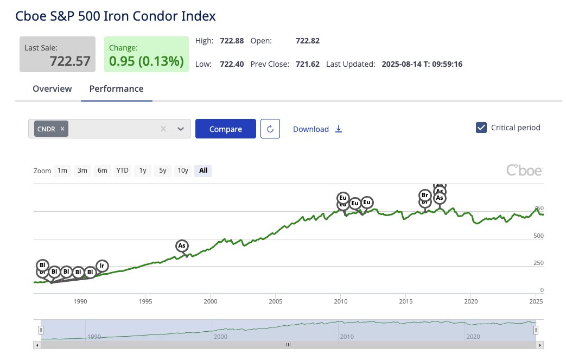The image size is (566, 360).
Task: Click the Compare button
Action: [225, 129]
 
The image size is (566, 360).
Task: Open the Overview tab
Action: [52, 89]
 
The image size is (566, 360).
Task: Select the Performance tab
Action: [117, 89]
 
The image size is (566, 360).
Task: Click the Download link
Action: [317, 129]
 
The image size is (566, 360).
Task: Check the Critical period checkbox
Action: [481, 128]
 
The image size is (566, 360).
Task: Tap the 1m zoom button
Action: [62, 170]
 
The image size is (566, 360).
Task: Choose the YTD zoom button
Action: [123, 170]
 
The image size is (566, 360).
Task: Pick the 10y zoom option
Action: [183, 170]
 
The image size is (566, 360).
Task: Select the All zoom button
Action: [203, 170]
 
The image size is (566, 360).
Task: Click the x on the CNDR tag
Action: [62, 129]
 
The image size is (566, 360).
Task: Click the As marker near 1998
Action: [182, 246]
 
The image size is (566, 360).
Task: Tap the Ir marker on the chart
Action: [101, 266]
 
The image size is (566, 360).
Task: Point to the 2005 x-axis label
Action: [276, 301]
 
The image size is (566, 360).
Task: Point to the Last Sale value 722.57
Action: [70, 61]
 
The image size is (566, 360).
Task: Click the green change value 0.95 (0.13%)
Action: [147, 61]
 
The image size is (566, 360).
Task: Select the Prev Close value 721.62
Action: [307, 64]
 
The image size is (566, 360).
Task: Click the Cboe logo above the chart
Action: [524, 170]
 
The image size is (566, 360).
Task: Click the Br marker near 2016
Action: [425, 195]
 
